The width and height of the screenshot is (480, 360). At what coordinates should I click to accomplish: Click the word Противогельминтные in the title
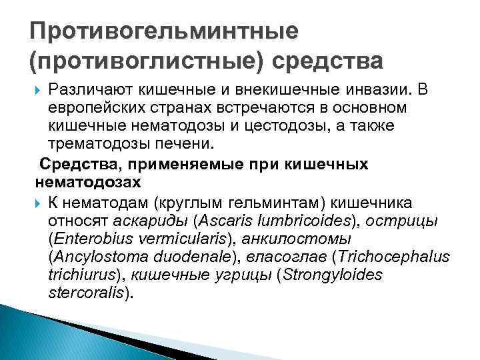pos(164,31)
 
